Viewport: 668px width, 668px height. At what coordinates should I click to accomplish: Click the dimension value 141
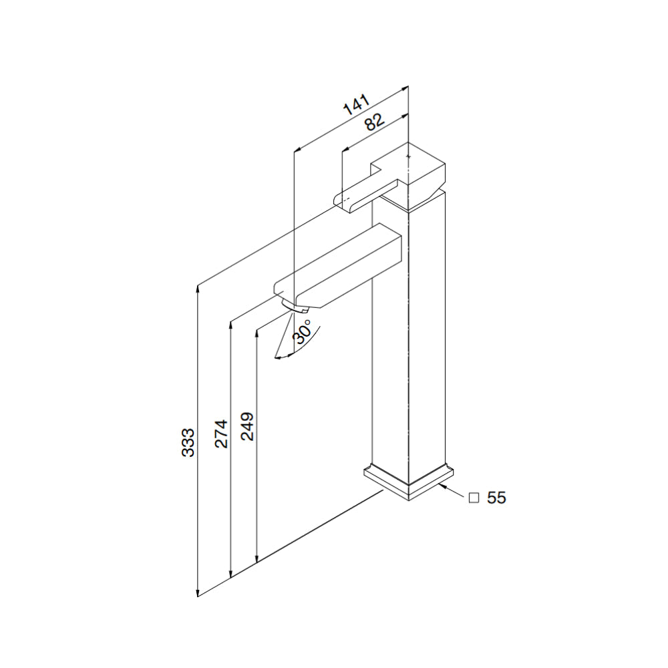click(356, 106)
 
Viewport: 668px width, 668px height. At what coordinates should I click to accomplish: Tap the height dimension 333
click(188, 442)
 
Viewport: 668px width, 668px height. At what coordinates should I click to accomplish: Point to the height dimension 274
click(222, 434)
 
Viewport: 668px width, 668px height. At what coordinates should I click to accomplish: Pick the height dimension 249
click(247, 426)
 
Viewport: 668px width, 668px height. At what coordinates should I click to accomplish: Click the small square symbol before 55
click(474, 498)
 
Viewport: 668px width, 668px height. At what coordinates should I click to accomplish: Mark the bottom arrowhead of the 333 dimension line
click(198, 593)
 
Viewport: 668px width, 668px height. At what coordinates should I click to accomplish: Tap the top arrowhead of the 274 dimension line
click(230, 324)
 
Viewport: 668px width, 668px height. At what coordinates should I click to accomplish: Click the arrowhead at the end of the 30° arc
click(278, 357)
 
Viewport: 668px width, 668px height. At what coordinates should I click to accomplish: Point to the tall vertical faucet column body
click(409, 334)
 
